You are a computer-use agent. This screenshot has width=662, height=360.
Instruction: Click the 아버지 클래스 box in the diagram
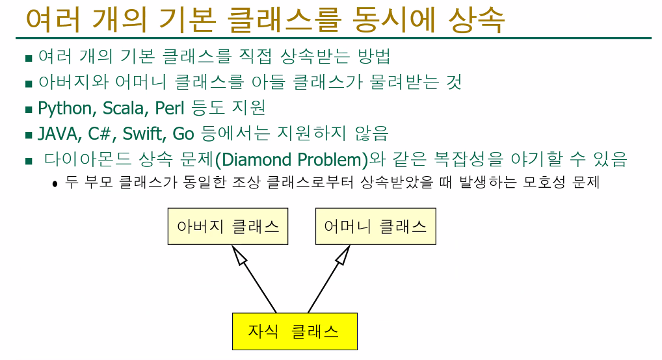click(228, 226)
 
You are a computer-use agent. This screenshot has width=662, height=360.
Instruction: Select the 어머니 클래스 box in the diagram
click(375, 226)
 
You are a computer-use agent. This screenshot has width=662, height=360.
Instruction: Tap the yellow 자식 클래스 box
click(294, 331)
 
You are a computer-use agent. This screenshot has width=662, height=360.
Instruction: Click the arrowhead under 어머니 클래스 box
click(341, 258)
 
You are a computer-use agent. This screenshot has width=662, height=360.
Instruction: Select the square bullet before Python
click(29, 109)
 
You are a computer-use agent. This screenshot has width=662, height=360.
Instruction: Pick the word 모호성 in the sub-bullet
click(544, 183)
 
